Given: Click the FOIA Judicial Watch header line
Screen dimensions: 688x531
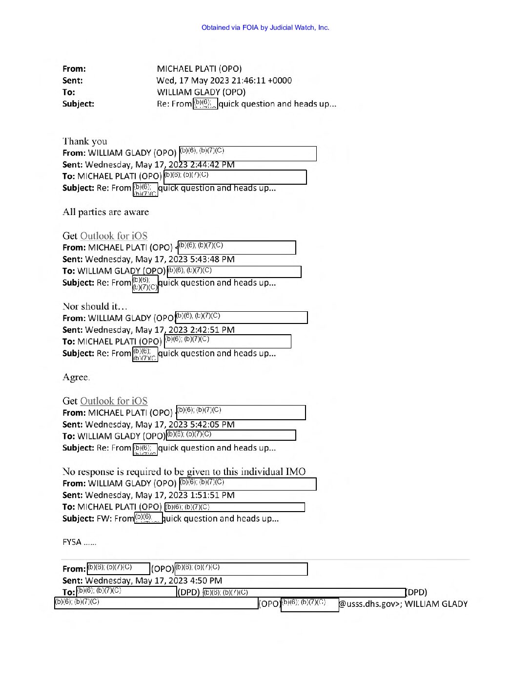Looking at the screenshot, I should pos(265,28).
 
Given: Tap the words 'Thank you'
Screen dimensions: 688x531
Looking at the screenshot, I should pos(85,142).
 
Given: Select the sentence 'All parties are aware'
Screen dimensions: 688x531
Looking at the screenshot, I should pos(106,212).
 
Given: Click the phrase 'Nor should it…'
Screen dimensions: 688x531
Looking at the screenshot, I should pos(95,307).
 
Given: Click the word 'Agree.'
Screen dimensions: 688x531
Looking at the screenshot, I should pos(76,377).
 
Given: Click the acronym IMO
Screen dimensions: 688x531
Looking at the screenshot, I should pos(296,472).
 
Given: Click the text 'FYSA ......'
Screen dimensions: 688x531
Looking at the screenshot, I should pos(80,542).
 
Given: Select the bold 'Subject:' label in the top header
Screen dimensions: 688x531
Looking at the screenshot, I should pos(79,104).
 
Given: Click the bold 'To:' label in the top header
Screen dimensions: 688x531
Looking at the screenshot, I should pos(69,92).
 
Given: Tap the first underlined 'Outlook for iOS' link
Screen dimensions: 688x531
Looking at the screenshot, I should pos(114,236).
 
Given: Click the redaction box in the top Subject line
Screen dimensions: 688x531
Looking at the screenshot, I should pos(205,104).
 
